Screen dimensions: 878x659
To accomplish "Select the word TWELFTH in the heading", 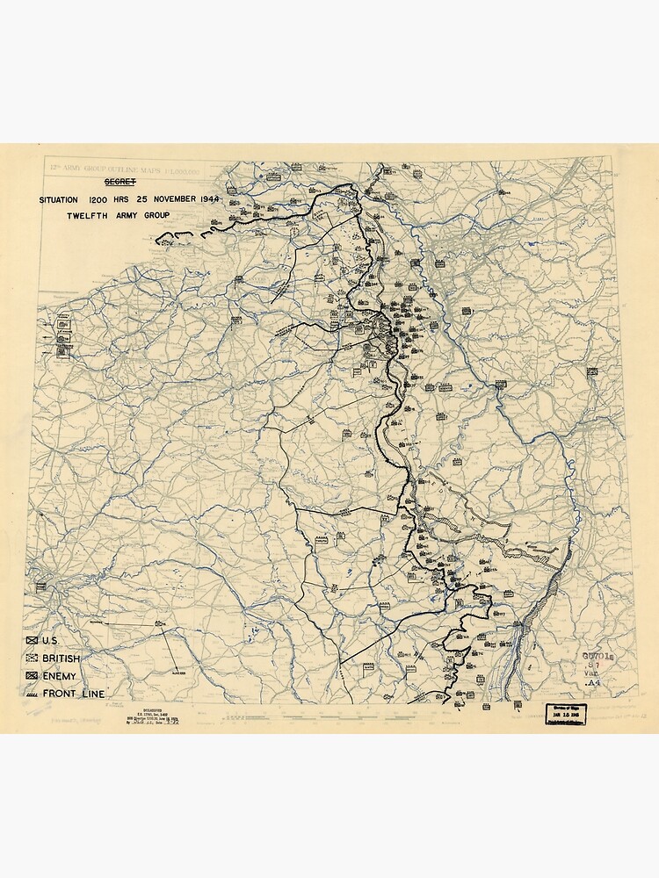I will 86,215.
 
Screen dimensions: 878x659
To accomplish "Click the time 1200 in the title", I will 100,199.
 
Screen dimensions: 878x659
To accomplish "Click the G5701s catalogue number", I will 593,655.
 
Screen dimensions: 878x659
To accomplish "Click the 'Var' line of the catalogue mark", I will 592,673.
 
